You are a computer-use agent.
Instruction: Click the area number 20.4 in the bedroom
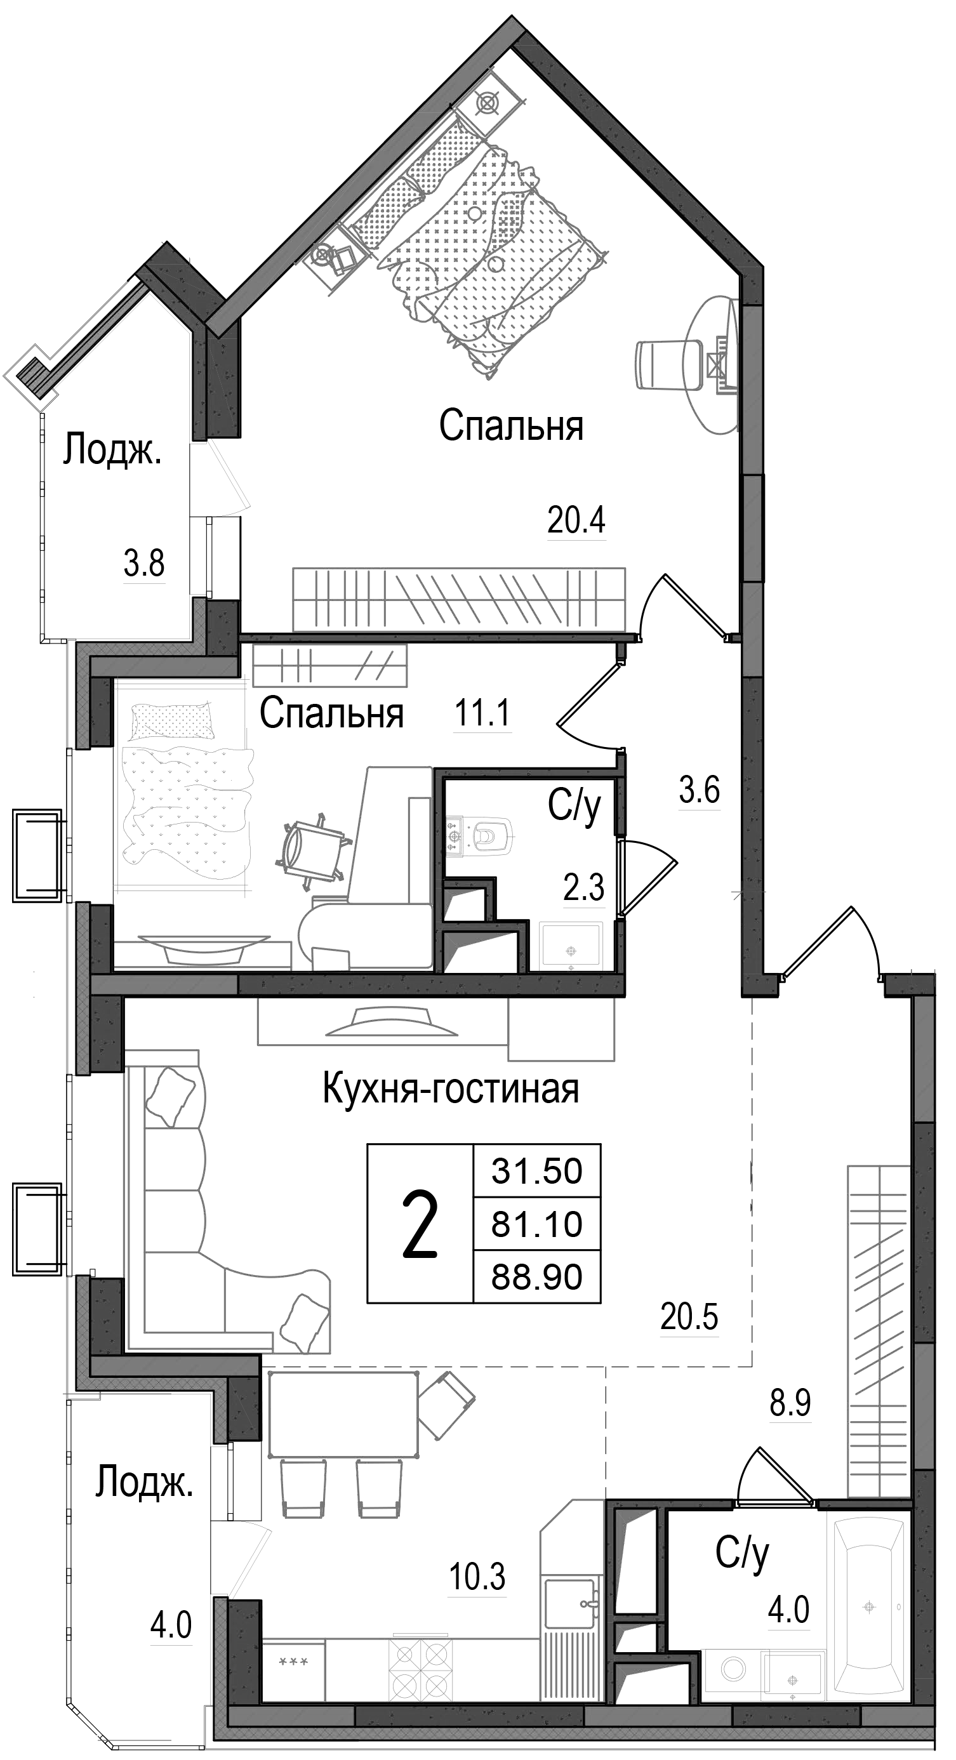coord(576,521)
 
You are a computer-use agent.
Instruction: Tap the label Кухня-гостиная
coord(450,1090)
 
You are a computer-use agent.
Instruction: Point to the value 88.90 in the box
coord(536,1277)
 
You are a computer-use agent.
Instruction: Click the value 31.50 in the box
coord(536,1170)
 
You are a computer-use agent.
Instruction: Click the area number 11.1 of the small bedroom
coord(482,715)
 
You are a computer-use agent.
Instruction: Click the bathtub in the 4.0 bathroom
coord(869,1606)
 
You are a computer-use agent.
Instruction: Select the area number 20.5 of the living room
coord(689,1316)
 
